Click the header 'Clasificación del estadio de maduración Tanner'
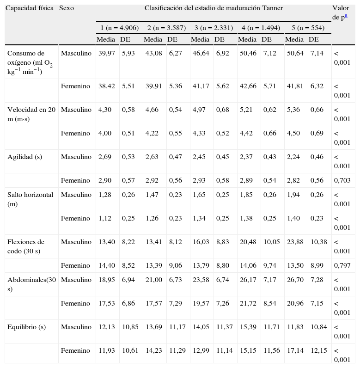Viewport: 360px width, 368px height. click(214, 8)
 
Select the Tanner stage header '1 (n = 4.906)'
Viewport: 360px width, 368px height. click(119, 28)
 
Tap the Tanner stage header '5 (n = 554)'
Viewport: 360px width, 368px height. click(308, 28)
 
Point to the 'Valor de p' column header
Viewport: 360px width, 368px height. click(341, 12)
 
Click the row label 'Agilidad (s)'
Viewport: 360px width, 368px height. click(25, 157)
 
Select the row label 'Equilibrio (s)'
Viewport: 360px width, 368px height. click(27, 327)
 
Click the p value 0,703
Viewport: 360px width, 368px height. click(342, 180)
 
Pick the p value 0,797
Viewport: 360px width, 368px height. click(342, 265)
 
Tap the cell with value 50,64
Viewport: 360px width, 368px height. click(294, 53)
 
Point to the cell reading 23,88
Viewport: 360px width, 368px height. click(294, 242)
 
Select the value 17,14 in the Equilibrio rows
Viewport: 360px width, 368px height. click(294, 350)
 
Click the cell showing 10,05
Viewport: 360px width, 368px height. click(271, 242)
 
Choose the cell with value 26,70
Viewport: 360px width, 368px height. click(294, 280)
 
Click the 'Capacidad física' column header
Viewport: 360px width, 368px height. click(29, 8)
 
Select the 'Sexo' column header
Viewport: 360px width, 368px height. click(67, 8)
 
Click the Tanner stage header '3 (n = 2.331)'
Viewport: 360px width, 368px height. click(213, 28)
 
